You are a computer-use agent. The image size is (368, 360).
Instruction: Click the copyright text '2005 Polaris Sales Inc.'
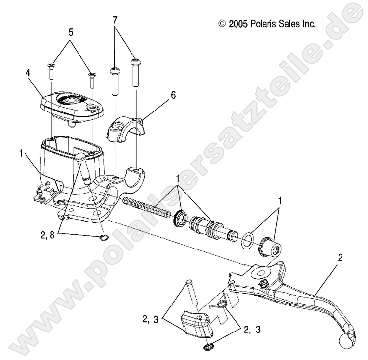(x=267, y=23)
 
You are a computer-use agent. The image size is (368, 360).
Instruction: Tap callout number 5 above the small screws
(x=71, y=32)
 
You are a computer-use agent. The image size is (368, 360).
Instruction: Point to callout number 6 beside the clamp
(x=159, y=97)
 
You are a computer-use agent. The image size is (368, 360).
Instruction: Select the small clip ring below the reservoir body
(x=103, y=239)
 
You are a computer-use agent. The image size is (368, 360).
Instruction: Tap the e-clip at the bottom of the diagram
(x=210, y=349)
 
